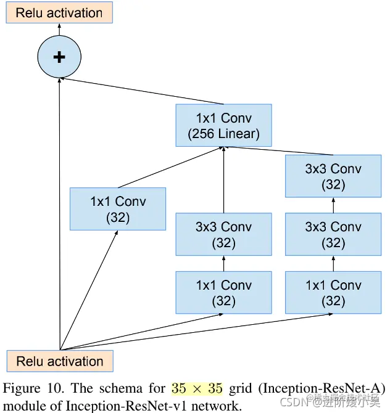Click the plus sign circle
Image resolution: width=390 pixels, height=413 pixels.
tap(59, 57)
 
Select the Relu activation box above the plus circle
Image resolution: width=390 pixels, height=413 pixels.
tap(59, 12)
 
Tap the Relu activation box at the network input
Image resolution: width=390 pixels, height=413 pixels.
tap(60, 362)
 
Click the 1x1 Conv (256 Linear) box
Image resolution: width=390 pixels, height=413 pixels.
tap(223, 125)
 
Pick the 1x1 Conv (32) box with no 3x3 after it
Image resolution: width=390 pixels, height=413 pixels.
tap(118, 209)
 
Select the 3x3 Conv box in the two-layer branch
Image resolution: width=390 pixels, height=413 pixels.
tap(223, 234)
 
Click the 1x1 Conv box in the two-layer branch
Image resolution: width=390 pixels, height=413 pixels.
tap(223, 293)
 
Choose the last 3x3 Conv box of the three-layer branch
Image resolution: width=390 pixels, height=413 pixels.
tap(333, 176)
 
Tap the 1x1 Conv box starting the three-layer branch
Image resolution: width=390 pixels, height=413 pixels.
tap(333, 293)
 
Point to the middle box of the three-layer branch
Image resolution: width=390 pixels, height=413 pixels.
tap(333, 234)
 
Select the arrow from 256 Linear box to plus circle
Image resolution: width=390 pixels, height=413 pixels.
tap(117, 91)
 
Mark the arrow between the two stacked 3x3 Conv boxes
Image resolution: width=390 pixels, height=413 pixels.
tap(333, 205)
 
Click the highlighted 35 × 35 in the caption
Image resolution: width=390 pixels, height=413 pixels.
tap(196, 389)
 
